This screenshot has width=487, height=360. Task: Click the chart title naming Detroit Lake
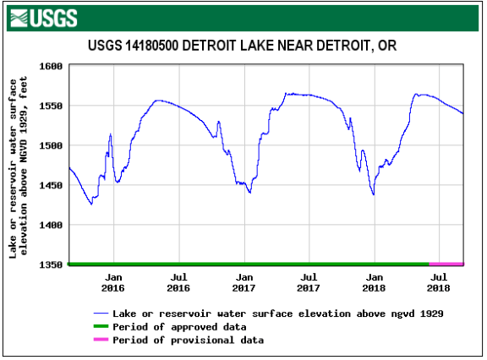(243, 45)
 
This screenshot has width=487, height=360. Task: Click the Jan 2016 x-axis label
(114, 282)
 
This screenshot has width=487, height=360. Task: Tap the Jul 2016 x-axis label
(178, 282)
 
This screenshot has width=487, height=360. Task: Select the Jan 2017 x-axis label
(244, 282)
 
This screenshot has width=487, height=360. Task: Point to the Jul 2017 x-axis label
(309, 282)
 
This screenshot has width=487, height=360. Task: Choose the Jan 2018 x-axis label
(375, 282)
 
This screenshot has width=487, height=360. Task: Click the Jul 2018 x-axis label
(438, 282)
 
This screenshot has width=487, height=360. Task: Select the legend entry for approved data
(179, 326)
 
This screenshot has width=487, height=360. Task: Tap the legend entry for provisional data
(188, 340)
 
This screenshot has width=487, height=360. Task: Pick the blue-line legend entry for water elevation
(278, 313)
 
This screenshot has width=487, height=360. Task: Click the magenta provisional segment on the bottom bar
(446, 264)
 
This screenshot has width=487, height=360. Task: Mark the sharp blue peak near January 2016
(110, 134)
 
